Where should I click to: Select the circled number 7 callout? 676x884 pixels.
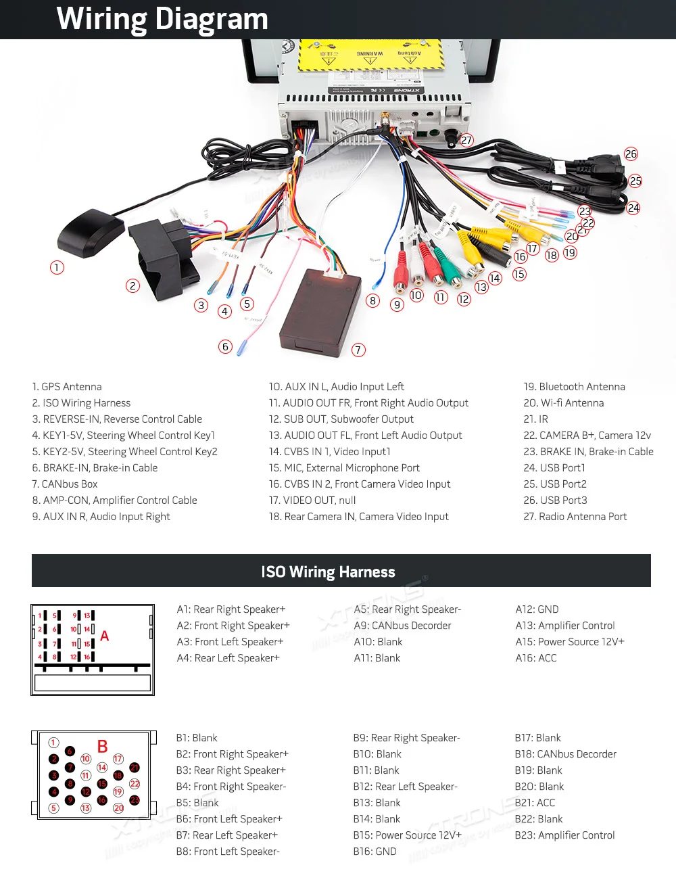(358, 350)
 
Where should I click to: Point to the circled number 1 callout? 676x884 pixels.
(57, 268)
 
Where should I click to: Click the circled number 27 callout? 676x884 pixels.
(466, 141)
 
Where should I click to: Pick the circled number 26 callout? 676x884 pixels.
(631, 154)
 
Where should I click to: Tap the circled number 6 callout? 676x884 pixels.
(226, 347)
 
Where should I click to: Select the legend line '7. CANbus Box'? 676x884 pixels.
(65, 484)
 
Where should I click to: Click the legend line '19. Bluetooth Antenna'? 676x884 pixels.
(574, 387)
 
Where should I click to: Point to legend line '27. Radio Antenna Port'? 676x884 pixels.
(575, 517)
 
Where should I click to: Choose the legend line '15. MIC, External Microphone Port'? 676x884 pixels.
(344, 468)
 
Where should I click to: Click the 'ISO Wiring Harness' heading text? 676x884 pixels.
(328, 572)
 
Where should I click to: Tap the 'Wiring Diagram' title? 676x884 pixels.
(162, 19)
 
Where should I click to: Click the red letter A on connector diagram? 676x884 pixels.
(105, 636)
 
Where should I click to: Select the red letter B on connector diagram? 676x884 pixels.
(103, 747)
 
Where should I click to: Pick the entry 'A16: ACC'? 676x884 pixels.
(536, 658)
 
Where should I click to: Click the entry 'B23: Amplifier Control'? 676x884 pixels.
(564, 835)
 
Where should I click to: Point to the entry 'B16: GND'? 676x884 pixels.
(375, 852)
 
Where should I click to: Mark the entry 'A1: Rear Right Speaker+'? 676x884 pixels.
(231, 609)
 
